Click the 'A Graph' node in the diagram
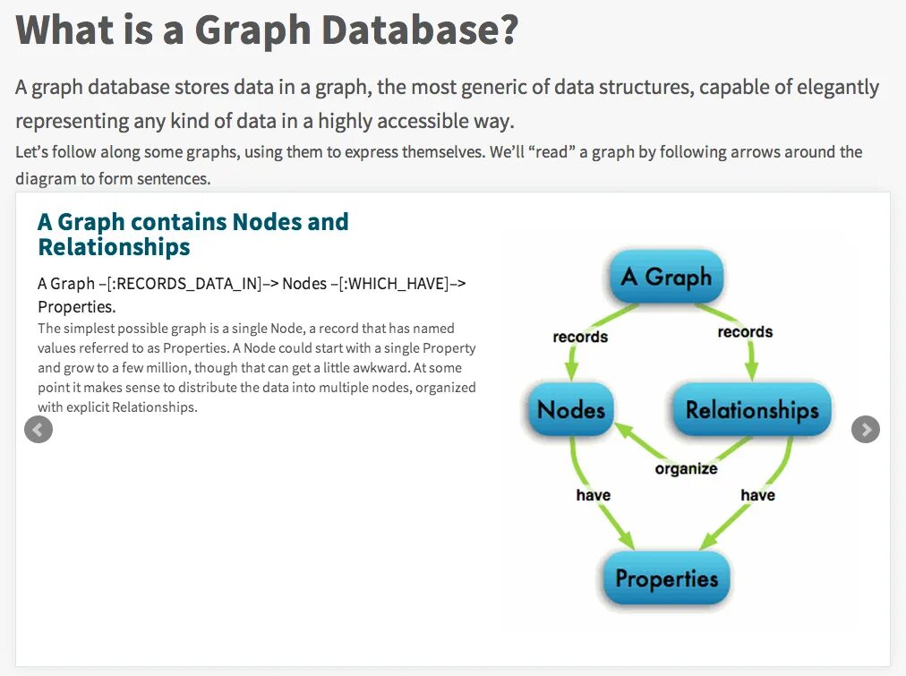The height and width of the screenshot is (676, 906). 666,277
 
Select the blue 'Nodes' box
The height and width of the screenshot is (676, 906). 571,410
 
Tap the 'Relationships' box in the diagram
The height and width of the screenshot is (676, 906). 752,410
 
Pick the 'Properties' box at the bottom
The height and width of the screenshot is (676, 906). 666,578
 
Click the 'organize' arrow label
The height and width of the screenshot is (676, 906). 686,468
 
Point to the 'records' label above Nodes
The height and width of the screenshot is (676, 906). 580,337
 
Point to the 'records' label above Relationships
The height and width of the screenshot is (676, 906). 745,332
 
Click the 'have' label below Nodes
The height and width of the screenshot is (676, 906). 593,495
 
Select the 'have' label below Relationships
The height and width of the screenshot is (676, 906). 757,495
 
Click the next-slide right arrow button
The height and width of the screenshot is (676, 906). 865,430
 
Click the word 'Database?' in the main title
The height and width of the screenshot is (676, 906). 419,30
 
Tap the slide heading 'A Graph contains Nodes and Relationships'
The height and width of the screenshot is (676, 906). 192,234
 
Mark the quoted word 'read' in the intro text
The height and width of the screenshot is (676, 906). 551,152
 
